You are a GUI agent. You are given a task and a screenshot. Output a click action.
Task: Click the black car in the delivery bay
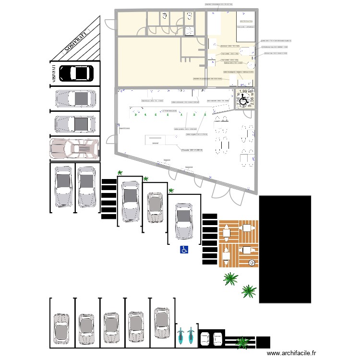tap(75, 73)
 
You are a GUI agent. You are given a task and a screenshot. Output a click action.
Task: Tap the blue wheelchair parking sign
tap(184, 249)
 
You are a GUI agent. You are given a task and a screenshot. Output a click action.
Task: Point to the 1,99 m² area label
tap(246, 91)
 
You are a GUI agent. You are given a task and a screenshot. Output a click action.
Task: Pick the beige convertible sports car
tap(74, 148)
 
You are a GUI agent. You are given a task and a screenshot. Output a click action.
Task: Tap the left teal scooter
tap(181, 336)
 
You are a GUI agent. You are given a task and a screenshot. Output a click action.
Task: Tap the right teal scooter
tap(191, 336)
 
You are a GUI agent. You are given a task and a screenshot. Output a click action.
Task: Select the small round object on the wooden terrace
tap(252, 263)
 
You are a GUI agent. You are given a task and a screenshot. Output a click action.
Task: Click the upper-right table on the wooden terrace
tap(247, 228)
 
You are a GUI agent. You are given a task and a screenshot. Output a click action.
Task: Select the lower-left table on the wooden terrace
tap(226, 252)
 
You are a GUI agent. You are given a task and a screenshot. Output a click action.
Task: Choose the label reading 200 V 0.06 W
tap(192, 150)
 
